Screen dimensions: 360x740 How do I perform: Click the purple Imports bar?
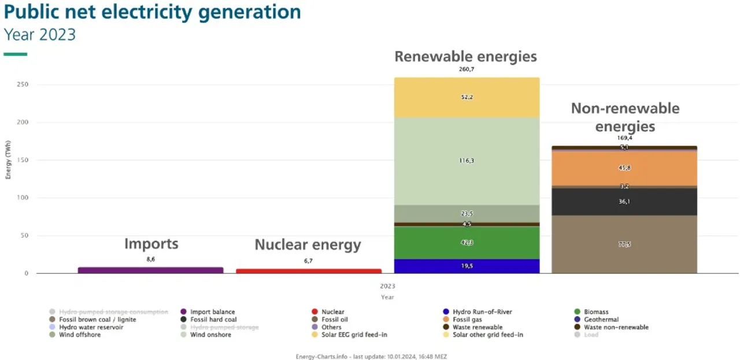click(150, 270)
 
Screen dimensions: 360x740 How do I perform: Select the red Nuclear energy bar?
click(309, 270)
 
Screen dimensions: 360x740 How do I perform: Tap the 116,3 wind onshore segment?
click(467, 161)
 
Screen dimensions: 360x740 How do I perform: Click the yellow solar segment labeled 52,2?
click(467, 97)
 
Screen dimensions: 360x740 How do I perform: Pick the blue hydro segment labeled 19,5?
click(467, 266)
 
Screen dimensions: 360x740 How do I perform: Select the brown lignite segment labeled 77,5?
click(624, 244)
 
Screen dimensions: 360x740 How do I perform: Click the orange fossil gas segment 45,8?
click(624, 168)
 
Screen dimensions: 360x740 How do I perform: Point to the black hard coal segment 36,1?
click(624, 202)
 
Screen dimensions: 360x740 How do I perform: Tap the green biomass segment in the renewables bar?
click(467, 243)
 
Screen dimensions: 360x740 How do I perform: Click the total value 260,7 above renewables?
click(467, 69)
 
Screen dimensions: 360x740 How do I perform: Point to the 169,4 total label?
click(624, 138)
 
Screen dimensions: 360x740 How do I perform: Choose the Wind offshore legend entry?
click(79, 335)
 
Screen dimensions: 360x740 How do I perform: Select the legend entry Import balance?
click(212, 312)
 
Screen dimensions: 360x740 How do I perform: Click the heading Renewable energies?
click(465, 57)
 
